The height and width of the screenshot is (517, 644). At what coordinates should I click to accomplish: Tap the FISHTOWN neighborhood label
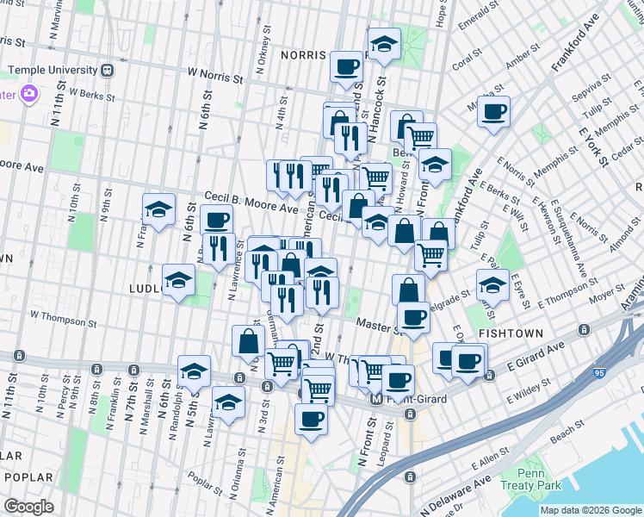(x=512, y=333)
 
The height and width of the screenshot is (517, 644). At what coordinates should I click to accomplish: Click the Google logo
(x=28, y=507)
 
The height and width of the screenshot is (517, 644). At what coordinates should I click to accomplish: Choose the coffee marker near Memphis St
(x=494, y=112)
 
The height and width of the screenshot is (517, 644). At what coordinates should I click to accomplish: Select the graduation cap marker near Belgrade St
(x=493, y=285)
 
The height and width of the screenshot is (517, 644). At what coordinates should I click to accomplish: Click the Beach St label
(x=574, y=436)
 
